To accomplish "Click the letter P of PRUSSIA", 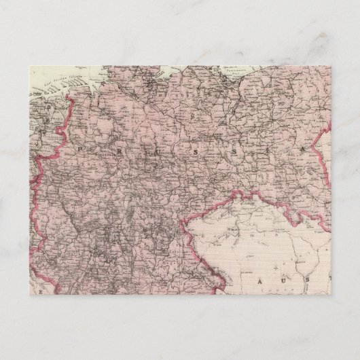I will pos(80,145).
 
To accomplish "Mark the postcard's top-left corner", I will pos(31,65).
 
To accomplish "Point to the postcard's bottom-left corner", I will pos(31,294).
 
